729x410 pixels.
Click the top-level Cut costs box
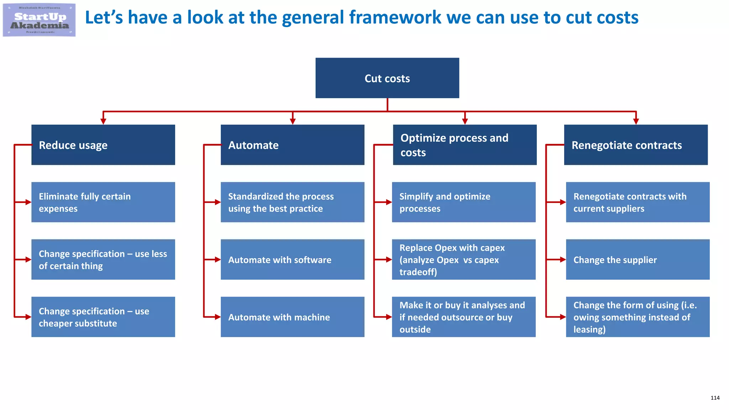click(x=387, y=78)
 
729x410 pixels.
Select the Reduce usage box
click(x=103, y=144)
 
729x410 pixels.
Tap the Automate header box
click(x=292, y=144)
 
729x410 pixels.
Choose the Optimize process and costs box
click(x=465, y=144)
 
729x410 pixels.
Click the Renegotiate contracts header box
click(x=636, y=144)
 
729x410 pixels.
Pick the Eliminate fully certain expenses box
click(x=103, y=202)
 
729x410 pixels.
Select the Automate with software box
click(x=292, y=259)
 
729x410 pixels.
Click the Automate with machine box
click(x=292, y=317)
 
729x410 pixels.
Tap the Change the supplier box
click(x=638, y=259)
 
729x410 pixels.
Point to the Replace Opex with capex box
click(x=463, y=259)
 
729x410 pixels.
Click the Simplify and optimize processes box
click(x=463, y=202)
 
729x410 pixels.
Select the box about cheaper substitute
click(x=103, y=317)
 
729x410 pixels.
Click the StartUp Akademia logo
click(x=39, y=20)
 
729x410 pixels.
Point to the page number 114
click(x=715, y=398)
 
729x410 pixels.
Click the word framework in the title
click(x=395, y=17)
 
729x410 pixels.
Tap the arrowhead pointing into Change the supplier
click(x=563, y=259)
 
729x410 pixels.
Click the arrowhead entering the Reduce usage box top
click(x=103, y=121)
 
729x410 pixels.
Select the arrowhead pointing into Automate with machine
click(x=217, y=317)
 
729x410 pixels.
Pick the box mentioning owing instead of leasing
click(x=638, y=317)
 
